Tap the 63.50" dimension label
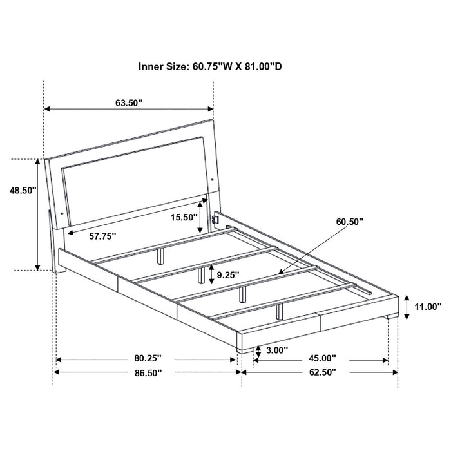tap(130, 102)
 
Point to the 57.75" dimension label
tap(102, 236)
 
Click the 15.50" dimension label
tap(184, 217)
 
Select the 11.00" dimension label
tap(428, 307)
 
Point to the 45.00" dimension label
tap(323, 358)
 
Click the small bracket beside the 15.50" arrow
tap(216, 220)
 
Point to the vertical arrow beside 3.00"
tap(257, 351)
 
